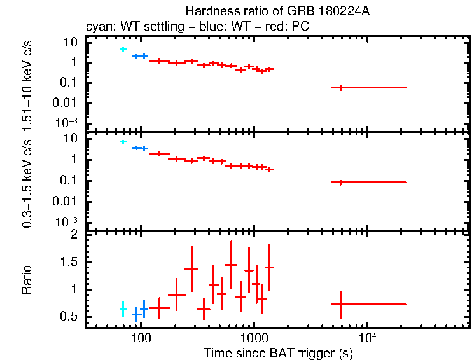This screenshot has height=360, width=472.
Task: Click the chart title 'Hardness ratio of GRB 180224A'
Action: coord(277,11)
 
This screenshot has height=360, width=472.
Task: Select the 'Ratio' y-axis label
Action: coord(27,280)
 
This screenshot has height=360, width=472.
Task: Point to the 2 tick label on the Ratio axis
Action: coord(74,235)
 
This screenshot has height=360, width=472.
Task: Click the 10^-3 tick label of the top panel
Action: coord(67,122)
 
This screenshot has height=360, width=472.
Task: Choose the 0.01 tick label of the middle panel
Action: coord(66,201)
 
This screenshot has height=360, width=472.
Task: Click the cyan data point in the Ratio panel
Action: coord(123,309)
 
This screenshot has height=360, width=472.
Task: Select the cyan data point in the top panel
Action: coord(123,49)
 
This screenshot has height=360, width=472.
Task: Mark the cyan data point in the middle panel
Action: coord(123,141)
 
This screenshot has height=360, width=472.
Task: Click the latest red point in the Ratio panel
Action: coord(341,304)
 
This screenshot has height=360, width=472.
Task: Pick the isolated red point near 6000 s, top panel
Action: coord(341,87)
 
